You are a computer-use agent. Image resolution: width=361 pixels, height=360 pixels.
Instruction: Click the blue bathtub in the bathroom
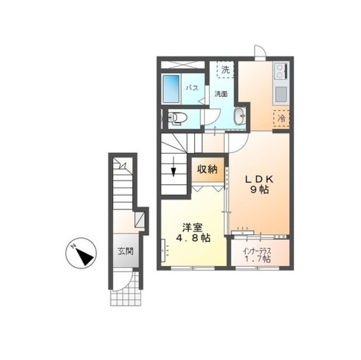pos(171,88)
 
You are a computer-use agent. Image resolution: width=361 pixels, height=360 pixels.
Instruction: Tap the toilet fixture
pos(178,118)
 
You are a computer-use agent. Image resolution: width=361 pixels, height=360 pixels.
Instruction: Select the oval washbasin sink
pos(240,116)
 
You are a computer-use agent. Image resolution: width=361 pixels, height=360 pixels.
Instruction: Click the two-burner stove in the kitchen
pos(281,71)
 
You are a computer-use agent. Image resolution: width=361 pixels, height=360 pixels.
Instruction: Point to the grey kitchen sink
pos(281,94)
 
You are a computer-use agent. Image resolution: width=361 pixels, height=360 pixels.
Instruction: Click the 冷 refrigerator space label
pos(281,119)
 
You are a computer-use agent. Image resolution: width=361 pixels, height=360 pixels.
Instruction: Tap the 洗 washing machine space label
pos(226,70)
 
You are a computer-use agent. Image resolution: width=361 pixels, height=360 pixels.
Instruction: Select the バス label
pos(192,88)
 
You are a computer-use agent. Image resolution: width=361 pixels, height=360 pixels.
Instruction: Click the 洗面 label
pos(221,94)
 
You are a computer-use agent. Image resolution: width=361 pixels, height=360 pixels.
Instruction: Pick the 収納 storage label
pos(207,170)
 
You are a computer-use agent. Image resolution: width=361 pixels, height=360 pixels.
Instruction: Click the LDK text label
pos(259,179)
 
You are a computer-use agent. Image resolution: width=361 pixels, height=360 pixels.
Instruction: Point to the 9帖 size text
pos(259,190)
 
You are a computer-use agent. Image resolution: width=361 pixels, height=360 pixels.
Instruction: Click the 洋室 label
pos(192,228)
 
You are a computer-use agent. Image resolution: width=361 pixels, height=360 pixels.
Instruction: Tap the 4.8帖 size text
pos(193,238)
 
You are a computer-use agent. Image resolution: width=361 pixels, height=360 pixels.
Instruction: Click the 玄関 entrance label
pos(126,251)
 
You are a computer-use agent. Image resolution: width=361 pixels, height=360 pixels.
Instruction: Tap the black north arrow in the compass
pos(85,257)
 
